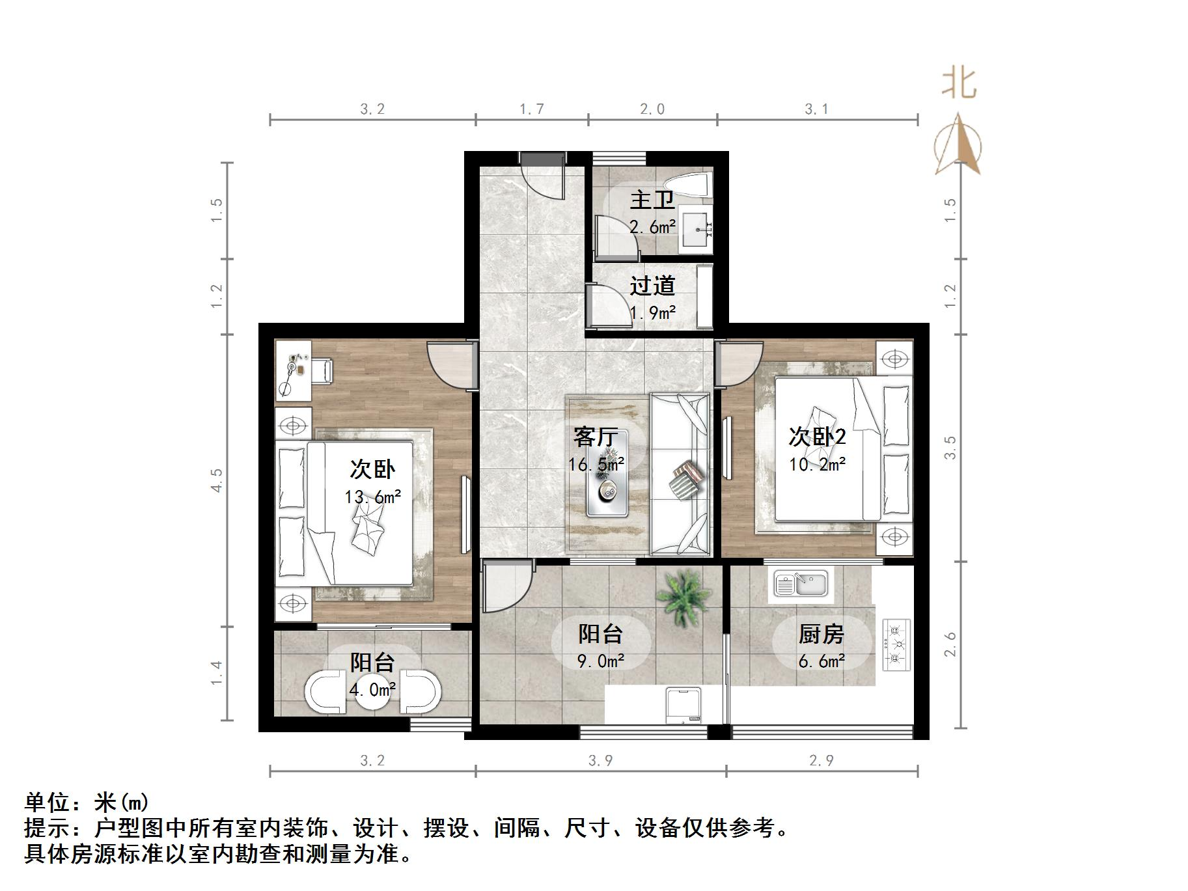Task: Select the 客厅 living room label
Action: pos(595,436)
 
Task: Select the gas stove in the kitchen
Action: pos(896,644)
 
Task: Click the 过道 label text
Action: pos(652,286)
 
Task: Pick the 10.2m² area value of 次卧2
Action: pos(818,465)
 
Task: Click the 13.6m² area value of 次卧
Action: pos(372,497)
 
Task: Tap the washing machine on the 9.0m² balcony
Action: pos(684,705)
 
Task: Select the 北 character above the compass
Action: pos(959,84)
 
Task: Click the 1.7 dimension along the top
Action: pos(531,109)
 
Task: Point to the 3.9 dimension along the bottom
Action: pos(600,760)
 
